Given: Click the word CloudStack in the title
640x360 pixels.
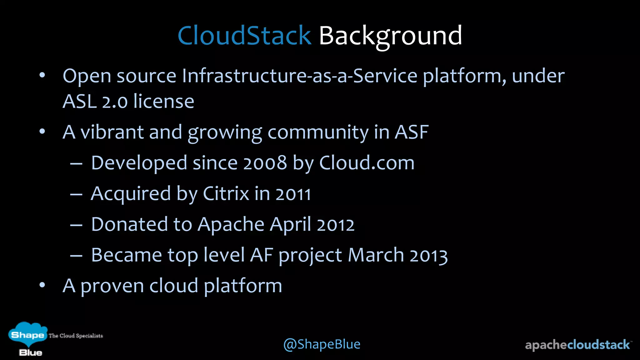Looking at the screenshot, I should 244,36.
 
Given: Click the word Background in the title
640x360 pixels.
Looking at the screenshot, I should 390,36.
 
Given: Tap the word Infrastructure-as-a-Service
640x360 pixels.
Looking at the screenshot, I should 299,76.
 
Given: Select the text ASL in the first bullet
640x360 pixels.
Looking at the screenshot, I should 79,102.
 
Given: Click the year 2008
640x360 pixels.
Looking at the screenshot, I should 265,163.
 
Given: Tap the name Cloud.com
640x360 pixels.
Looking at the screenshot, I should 367,163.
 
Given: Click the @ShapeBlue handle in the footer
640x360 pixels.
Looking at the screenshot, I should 322,344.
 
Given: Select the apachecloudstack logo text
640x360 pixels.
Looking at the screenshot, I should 577,345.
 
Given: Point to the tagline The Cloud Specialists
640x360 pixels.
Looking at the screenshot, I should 76,336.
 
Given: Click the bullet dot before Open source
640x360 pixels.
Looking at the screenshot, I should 42,75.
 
